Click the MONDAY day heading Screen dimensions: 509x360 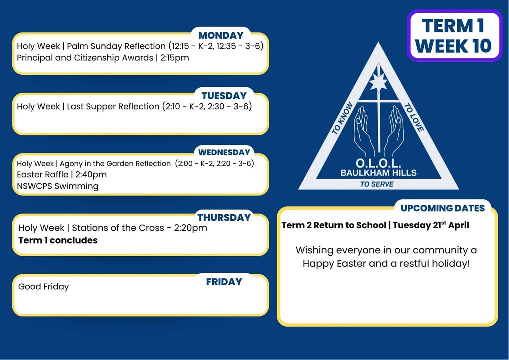pos(221,35)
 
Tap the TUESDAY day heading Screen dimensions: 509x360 pos(224,96)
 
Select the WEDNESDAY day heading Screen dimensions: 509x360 pos(224,152)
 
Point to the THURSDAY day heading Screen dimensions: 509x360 pos(224,217)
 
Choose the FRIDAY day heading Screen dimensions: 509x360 pos(224,282)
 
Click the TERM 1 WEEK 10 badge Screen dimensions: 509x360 pos(454,35)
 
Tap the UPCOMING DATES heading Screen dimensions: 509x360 pos(443,208)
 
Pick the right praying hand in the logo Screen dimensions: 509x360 pos(394,130)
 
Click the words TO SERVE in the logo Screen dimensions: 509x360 pos(377,184)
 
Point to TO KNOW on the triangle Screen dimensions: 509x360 pos(342,118)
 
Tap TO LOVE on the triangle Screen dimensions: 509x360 pos(414,118)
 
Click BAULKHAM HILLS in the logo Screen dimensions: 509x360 pos(378,173)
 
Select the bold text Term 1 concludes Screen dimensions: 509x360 pos(58,240)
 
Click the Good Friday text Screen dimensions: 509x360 pos(44,287)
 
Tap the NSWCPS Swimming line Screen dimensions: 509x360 pos(58,186)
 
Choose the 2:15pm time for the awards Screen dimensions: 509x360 pos(174,58)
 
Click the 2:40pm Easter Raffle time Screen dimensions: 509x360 pos(91,175)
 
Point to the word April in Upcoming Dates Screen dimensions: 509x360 pos(459,225)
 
